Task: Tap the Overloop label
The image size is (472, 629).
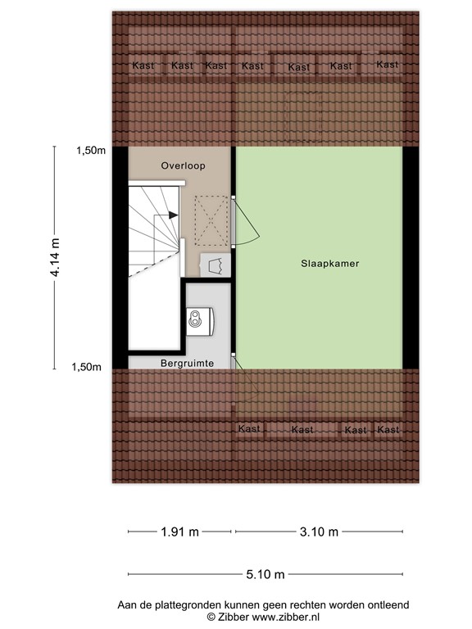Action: coord(183,165)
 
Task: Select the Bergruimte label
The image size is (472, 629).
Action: coord(187,362)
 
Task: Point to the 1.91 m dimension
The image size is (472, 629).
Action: coord(179,532)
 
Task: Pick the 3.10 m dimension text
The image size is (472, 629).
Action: coord(319,532)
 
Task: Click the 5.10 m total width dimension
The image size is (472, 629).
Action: coord(267,573)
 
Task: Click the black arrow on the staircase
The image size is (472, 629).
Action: coord(172,215)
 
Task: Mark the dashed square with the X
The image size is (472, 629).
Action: coord(211,220)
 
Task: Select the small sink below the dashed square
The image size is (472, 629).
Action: coord(216,265)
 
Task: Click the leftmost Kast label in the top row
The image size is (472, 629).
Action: coord(143,66)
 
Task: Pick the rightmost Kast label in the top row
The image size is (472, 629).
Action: coord(387,65)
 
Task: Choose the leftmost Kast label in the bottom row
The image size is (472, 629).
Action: coord(248,429)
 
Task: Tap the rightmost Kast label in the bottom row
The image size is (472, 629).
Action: coord(388,430)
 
